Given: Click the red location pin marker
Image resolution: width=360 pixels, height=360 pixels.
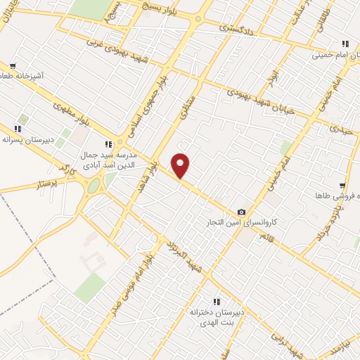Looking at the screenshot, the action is point(181,165).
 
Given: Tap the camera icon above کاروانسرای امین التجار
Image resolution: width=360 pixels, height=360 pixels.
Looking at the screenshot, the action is point(242,212).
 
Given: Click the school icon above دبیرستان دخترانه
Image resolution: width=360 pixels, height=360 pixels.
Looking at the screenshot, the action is point(217,300).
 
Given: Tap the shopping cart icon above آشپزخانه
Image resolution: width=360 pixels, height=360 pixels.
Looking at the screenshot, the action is point(13,66).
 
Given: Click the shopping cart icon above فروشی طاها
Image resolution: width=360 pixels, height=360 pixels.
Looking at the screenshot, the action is point(342,186).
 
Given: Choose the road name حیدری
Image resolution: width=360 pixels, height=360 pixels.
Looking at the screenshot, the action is point(340,128).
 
